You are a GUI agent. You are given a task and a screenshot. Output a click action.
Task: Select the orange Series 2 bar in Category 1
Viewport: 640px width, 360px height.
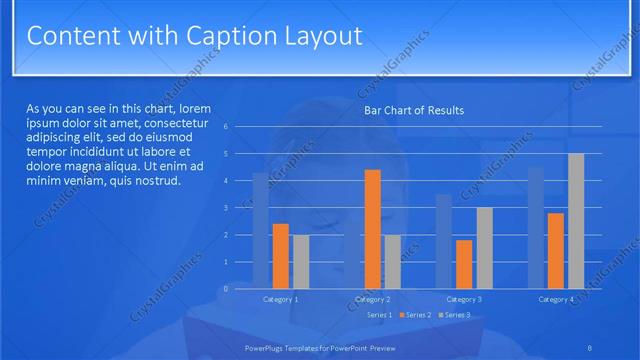click(x=280, y=255)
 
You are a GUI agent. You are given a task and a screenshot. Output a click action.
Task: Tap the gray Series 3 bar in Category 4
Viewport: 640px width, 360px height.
click(x=576, y=220)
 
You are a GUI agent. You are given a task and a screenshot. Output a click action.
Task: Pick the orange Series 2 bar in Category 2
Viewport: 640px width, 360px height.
click(x=372, y=228)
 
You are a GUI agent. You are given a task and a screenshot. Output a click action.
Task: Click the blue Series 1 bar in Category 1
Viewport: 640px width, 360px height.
click(x=260, y=230)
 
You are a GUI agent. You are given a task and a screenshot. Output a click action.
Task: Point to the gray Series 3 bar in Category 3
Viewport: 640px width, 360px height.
click(x=484, y=247)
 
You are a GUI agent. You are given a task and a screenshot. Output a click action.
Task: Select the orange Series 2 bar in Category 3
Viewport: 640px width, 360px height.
click(x=464, y=263)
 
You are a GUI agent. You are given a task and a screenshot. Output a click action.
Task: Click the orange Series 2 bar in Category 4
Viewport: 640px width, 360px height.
click(x=556, y=250)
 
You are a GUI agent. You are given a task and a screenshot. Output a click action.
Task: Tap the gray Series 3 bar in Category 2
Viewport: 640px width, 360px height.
click(x=392, y=261)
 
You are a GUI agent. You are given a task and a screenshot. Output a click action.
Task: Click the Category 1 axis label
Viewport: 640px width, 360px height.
click(x=280, y=299)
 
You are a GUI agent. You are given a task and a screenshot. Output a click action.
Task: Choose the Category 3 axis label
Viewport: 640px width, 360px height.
click(x=464, y=299)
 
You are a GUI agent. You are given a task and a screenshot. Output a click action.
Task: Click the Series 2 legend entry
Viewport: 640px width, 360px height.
click(x=417, y=315)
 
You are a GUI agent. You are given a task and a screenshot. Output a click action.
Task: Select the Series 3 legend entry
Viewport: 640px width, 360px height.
click(x=456, y=315)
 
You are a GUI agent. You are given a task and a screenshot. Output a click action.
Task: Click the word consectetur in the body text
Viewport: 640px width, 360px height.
click(x=175, y=123)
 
